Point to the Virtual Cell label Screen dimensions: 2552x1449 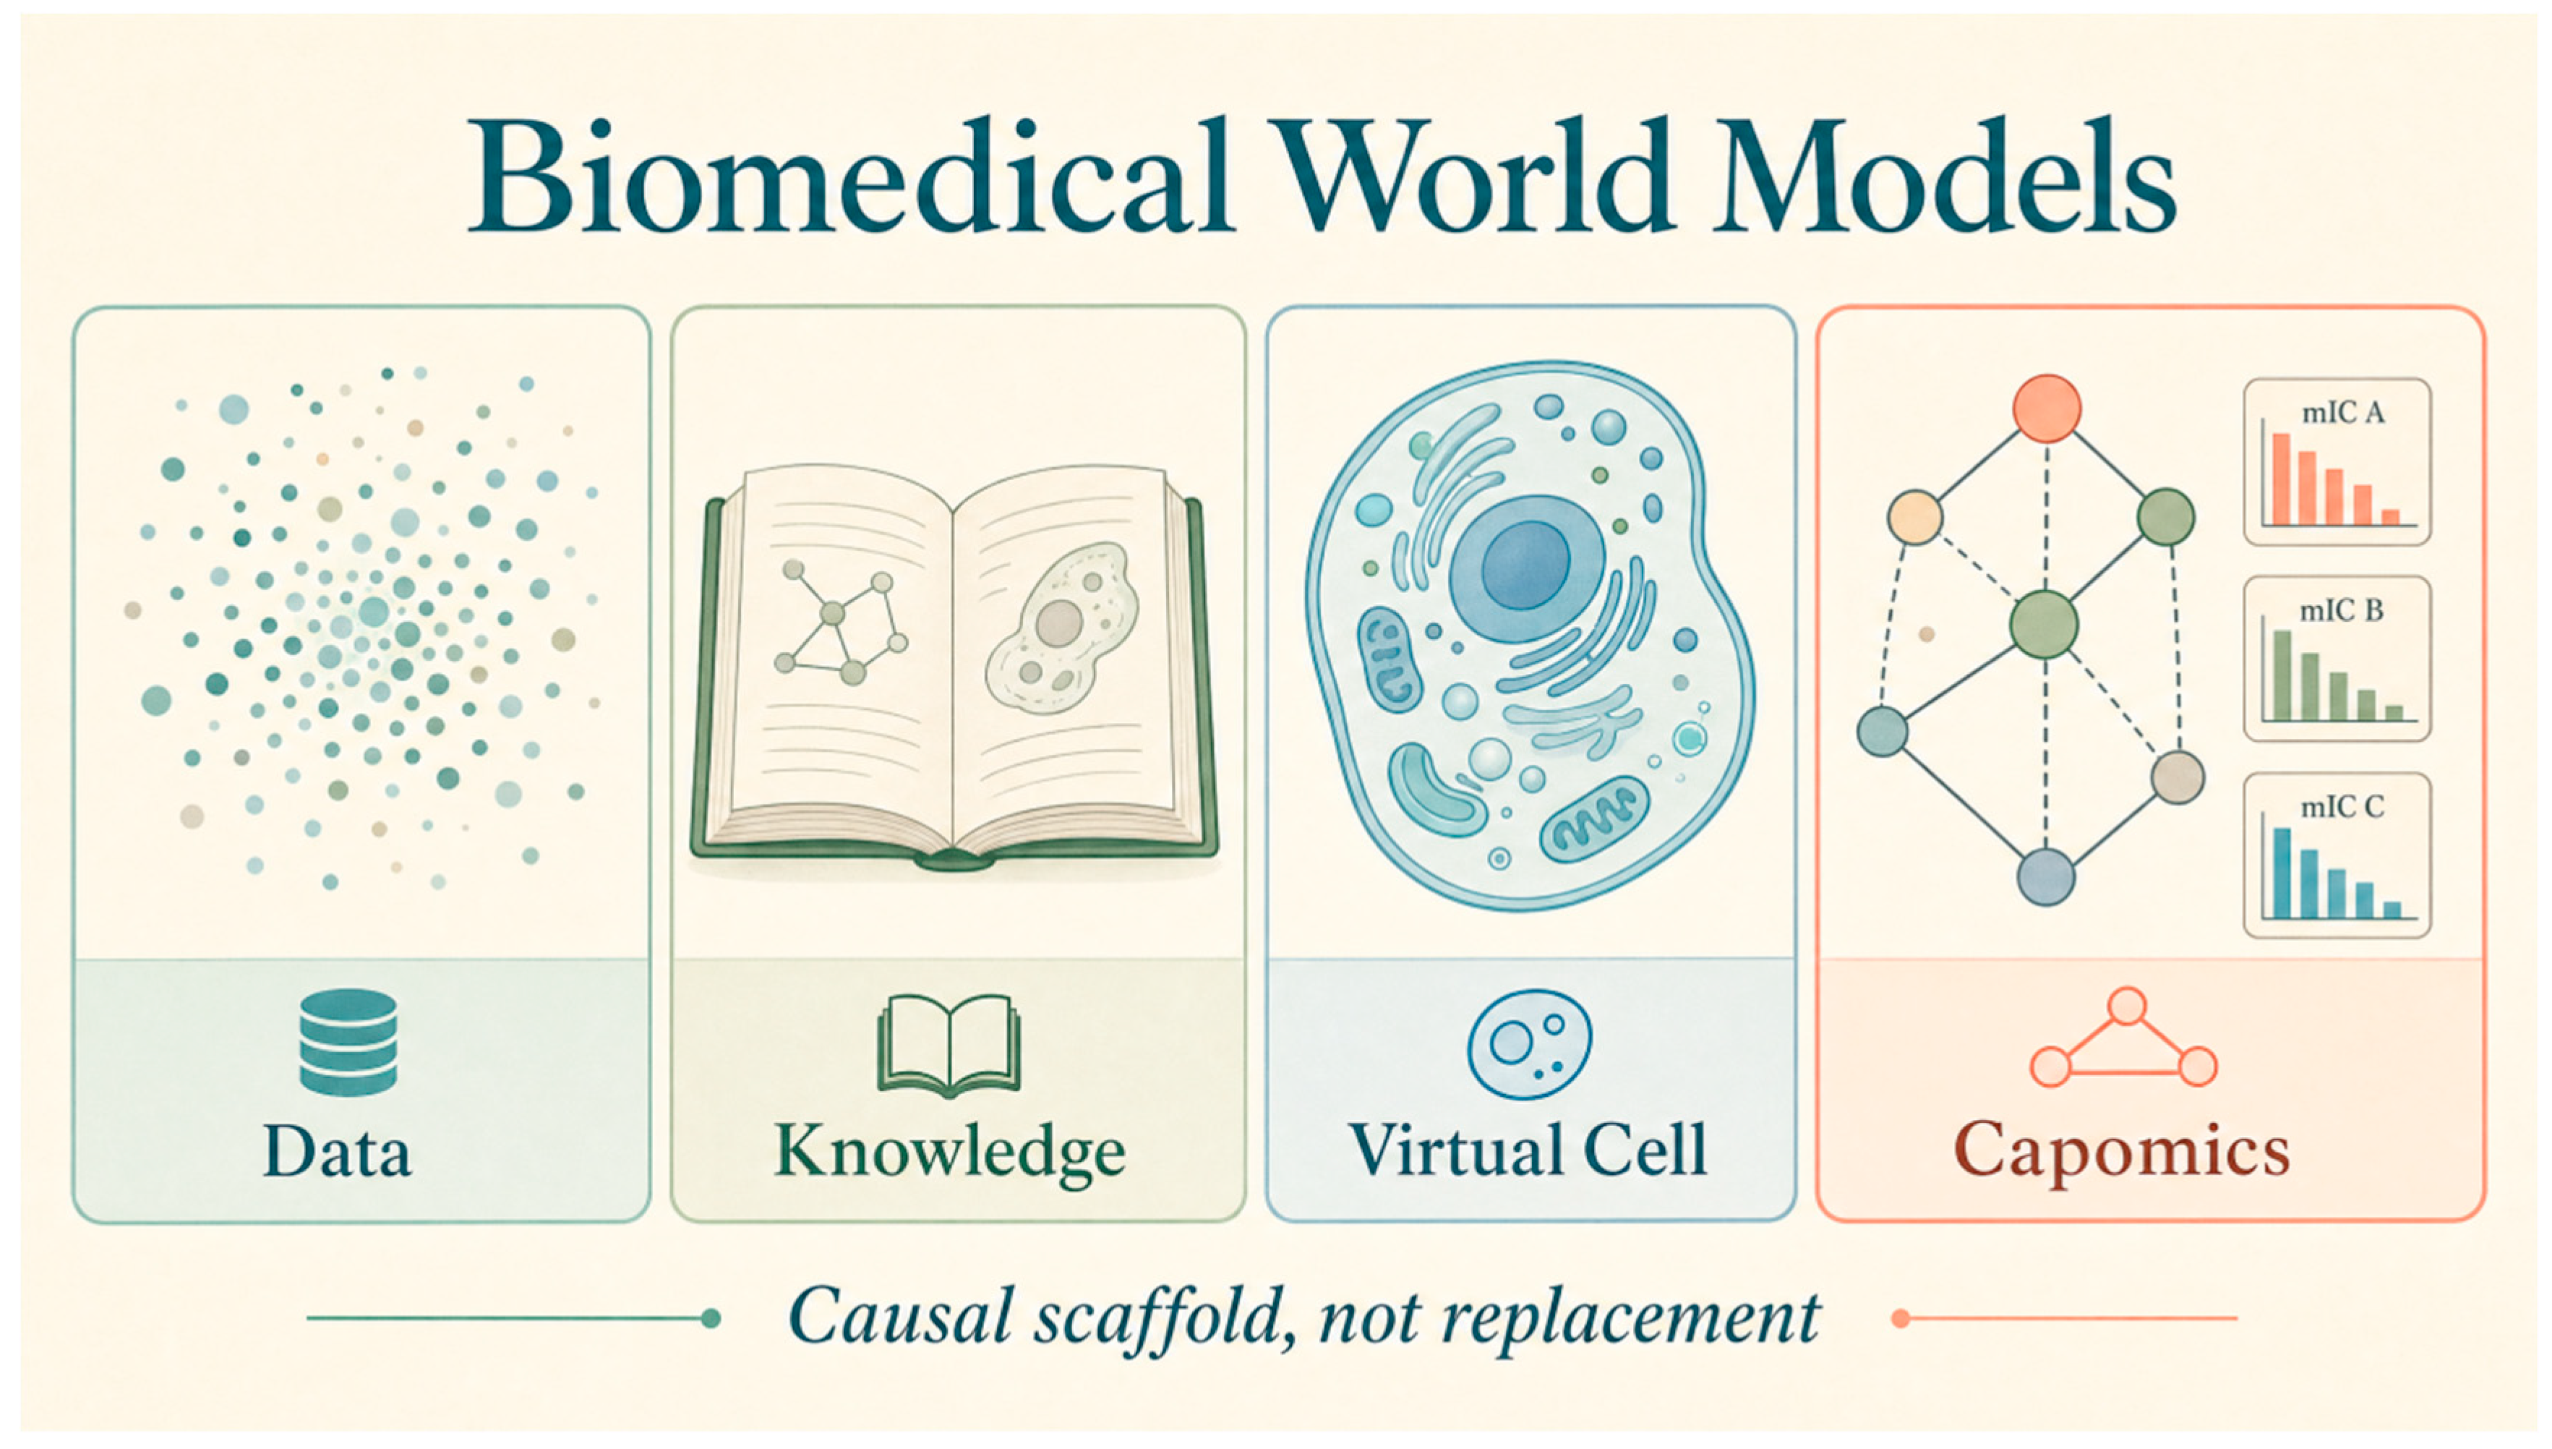coord(1528,1150)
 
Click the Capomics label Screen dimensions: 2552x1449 coord(2122,1153)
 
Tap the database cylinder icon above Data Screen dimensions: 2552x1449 coord(348,1042)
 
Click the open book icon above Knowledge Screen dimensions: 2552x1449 coord(949,1045)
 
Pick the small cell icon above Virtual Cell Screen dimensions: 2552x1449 coord(1529,1044)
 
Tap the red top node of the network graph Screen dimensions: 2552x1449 coord(2047,408)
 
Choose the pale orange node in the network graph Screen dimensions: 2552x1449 coord(1915,518)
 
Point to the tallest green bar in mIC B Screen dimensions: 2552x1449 coord(2282,675)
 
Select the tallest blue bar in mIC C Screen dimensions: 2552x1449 coord(2282,873)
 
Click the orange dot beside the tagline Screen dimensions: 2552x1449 coord(1901,1319)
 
